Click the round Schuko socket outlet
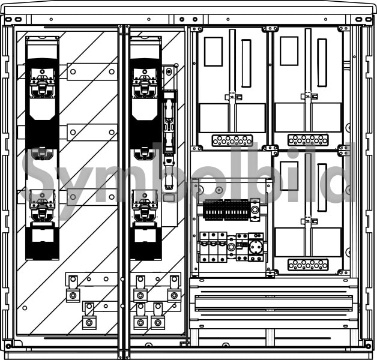(x=256, y=247)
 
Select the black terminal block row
(x=226, y=209)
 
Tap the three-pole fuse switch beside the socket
(x=213, y=247)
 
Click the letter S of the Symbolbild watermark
(x=38, y=179)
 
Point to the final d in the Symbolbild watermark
(x=342, y=172)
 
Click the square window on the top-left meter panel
(x=213, y=52)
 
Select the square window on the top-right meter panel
(x=289, y=51)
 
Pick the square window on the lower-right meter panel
(x=289, y=176)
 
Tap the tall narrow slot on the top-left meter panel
(x=246, y=63)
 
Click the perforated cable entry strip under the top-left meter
(x=232, y=140)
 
